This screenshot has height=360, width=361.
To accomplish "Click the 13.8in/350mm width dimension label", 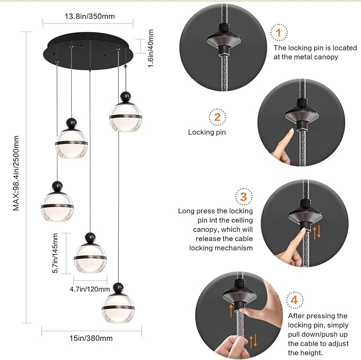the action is (89, 16).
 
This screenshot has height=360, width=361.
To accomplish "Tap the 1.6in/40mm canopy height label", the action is (151, 48).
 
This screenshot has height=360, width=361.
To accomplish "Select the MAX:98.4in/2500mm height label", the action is (16, 173).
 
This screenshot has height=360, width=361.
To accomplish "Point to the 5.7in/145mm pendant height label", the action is (55, 253).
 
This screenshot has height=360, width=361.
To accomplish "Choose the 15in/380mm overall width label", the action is (91, 338).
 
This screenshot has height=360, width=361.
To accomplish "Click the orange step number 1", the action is (279, 32).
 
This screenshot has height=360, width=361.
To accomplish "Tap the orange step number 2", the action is (217, 117).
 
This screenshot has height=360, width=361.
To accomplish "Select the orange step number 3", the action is (244, 197).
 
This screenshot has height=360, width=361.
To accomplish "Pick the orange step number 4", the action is (295, 300).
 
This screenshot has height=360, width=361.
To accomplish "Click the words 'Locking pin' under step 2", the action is (207, 132).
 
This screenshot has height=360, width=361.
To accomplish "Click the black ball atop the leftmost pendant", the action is (57, 186).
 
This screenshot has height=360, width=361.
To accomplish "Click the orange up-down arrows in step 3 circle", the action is (316, 232).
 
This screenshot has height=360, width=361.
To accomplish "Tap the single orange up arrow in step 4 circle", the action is (231, 310).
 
